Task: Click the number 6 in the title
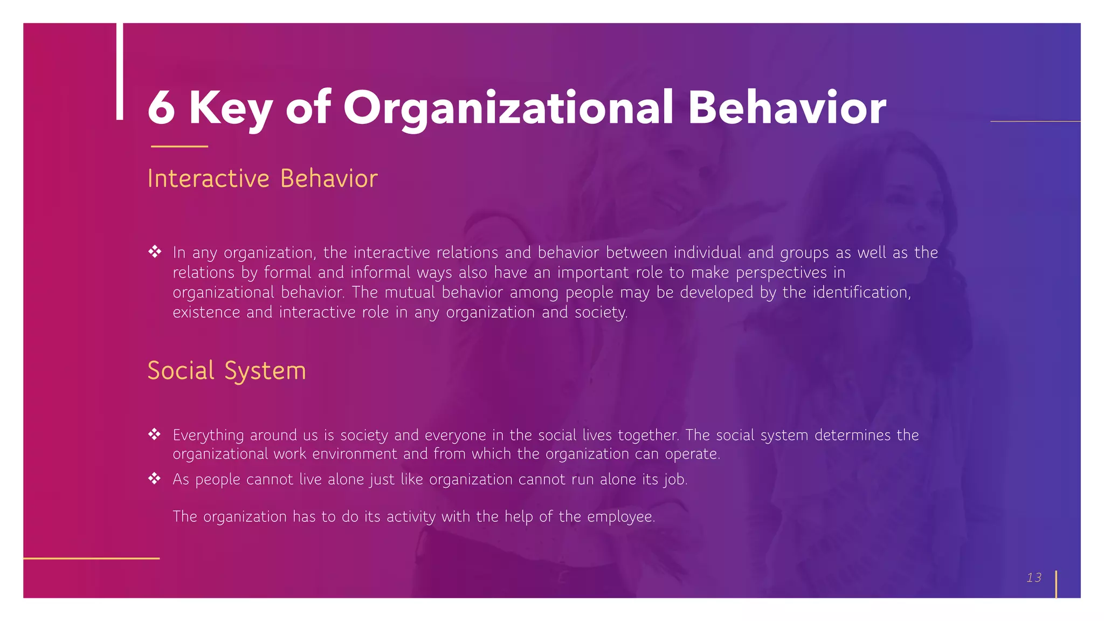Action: [x=161, y=107]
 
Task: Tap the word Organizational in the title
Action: [x=508, y=108]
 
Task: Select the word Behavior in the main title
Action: [x=786, y=107]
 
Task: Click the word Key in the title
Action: [x=230, y=108]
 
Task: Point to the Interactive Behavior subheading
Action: [x=263, y=178]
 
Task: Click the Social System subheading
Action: [x=226, y=371]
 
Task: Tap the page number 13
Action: [x=1033, y=577]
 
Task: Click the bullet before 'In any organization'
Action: [x=155, y=252]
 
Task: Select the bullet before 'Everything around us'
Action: [x=155, y=434]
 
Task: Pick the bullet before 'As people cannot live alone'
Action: [x=155, y=479]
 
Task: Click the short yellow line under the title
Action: [x=180, y=146]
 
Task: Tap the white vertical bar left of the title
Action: [x=120, y=71]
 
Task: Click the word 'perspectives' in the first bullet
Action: [x=781, y=273]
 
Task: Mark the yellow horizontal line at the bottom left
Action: [x=92, y=558]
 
